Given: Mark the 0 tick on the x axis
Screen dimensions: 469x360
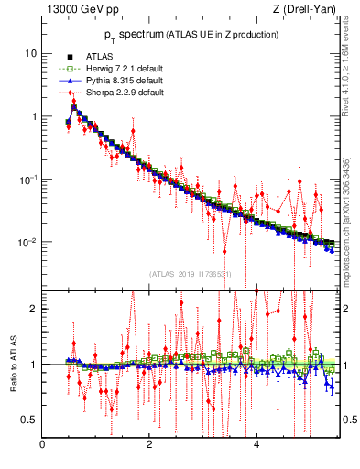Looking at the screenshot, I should [42, 446].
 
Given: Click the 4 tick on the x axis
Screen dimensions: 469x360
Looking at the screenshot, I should [256, 446].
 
